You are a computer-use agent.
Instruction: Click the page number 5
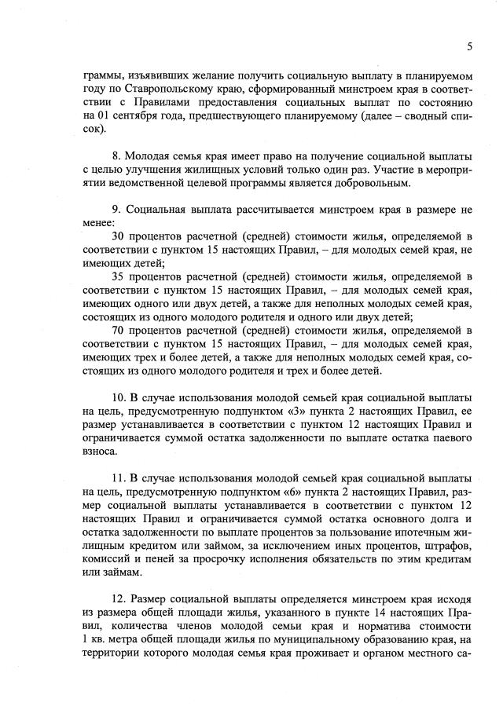[x=469, y=46]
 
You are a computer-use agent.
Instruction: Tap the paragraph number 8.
[x=116, y=155]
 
